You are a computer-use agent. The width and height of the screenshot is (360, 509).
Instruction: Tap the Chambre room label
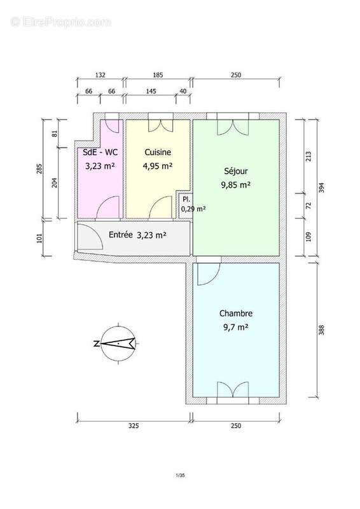click(236, 314)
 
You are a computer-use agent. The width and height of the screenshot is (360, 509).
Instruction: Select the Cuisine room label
click(158, 153)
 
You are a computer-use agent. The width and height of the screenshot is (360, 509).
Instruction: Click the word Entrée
click(120, 235)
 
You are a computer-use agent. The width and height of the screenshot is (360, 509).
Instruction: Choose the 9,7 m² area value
click(234, 328)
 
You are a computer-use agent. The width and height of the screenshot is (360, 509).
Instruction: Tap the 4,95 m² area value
click(158, 167)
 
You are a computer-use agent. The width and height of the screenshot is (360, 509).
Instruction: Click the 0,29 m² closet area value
click(193, 209)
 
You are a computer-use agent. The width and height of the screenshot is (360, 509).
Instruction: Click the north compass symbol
click(116, 344)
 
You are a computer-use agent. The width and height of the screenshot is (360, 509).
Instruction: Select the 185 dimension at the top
click(158, 75)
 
